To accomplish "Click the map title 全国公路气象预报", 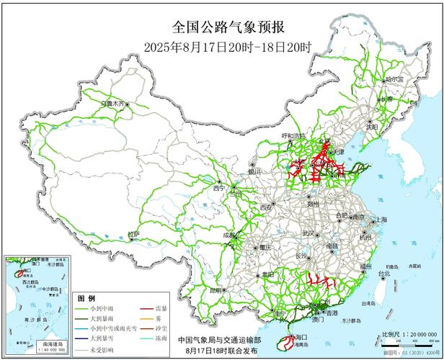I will click(x=228, y=27).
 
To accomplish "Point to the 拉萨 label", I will click(x=133, y=234).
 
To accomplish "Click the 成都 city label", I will click(x=229, y=235).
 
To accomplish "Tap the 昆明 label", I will click(x=215, y=289).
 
